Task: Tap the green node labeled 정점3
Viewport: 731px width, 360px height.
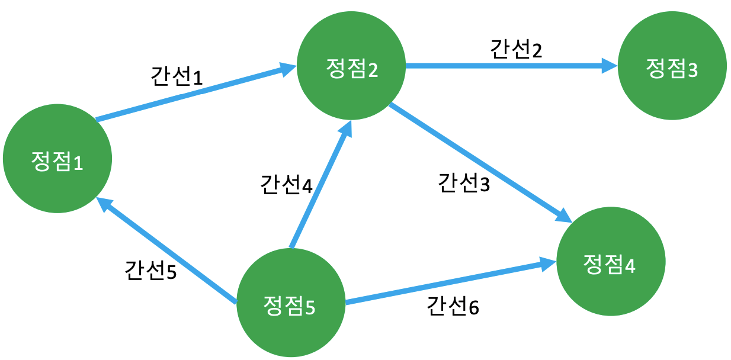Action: (x=672, y=69)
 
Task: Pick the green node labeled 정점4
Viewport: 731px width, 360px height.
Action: (x=610, y=262)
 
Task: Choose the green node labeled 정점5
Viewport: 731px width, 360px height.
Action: (x=290, y=304)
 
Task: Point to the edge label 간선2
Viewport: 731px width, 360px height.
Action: (x=516, y=50)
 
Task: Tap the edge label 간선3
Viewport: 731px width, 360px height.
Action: (x=464, y=183)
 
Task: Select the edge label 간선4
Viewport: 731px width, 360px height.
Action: (x=286, y=184)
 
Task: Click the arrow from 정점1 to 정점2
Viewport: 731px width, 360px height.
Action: (x=190, y=95)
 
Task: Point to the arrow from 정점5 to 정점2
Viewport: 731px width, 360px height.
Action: (x=320, y=184)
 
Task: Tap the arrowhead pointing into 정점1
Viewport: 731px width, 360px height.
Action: (x=105, y=205)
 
